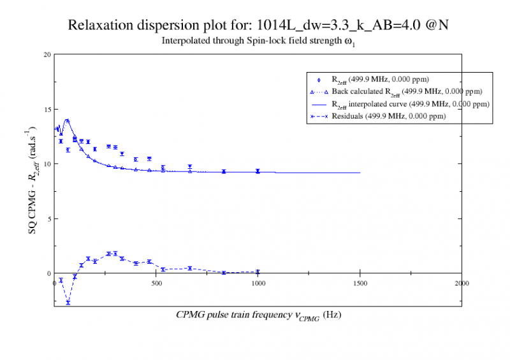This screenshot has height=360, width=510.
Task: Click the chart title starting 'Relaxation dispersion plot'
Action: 261,26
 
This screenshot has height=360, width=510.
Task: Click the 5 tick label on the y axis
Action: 48,219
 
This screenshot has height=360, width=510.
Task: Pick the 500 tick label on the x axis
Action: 156,283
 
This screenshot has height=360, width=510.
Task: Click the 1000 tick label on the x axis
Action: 258,283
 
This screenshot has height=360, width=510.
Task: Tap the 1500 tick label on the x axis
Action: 360,283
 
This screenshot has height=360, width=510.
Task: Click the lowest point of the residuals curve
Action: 68,303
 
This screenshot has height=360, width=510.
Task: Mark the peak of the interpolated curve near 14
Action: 67,120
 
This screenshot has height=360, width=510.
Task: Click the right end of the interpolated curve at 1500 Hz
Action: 360,173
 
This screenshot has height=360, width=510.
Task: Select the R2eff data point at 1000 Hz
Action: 258,171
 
